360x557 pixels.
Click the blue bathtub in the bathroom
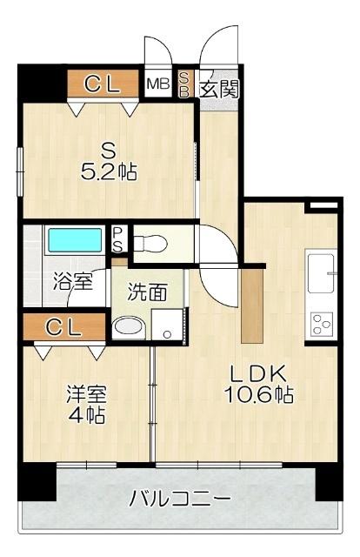pos(75,240)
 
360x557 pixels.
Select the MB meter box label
pos(158,84)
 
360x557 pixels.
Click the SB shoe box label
pos(183,84)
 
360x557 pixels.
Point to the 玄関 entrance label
pos(219,89)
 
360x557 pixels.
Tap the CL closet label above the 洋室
pos(63,327)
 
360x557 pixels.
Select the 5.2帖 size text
pos(109,172)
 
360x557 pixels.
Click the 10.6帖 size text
pos(258,394)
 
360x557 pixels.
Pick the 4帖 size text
pos(86,414)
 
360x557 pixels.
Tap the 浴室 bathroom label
pos(73,281)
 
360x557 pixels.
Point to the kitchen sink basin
pos(322,272)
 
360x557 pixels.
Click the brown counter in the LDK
pos(251,305)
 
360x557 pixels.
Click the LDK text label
pos(258,373)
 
